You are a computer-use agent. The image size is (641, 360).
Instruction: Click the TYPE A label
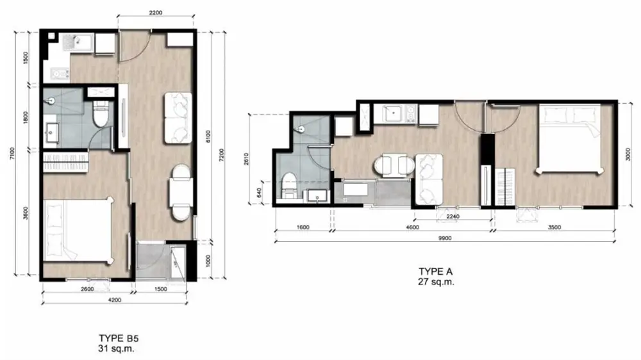point(435,272)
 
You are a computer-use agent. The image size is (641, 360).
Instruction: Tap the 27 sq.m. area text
point(436,282)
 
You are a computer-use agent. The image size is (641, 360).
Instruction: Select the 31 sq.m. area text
point(116,348)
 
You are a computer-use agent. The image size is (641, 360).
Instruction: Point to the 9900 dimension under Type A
point(445,238)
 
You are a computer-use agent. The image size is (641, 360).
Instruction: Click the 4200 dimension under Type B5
point(115,300)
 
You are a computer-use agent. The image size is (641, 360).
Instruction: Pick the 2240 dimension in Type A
point(453,216)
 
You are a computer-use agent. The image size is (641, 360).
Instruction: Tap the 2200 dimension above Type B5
point(155,12)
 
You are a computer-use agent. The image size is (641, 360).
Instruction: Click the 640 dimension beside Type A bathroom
point(259,192)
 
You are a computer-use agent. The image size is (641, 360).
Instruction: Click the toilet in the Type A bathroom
point(290,186)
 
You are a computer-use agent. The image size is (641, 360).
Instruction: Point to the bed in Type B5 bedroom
point(78,230)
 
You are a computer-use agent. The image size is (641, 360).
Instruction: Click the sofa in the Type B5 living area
point(178,118)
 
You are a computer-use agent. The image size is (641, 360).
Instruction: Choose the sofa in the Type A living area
point(429,179)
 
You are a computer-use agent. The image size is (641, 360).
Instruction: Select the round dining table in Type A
point(394,165)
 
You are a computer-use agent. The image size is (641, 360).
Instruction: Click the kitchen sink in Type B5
point(78,42)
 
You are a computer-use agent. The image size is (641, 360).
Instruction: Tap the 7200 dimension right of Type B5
point(221,155)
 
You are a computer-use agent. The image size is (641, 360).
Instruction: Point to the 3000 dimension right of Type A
point(628,154)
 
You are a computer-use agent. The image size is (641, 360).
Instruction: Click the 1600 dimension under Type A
point(303,227)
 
